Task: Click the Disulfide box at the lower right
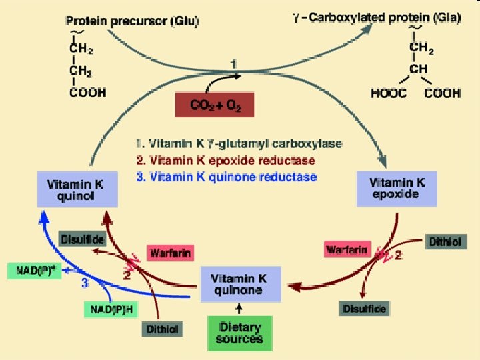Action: click(x=365, y=308)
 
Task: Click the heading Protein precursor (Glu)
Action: click(x=137, y=21)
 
